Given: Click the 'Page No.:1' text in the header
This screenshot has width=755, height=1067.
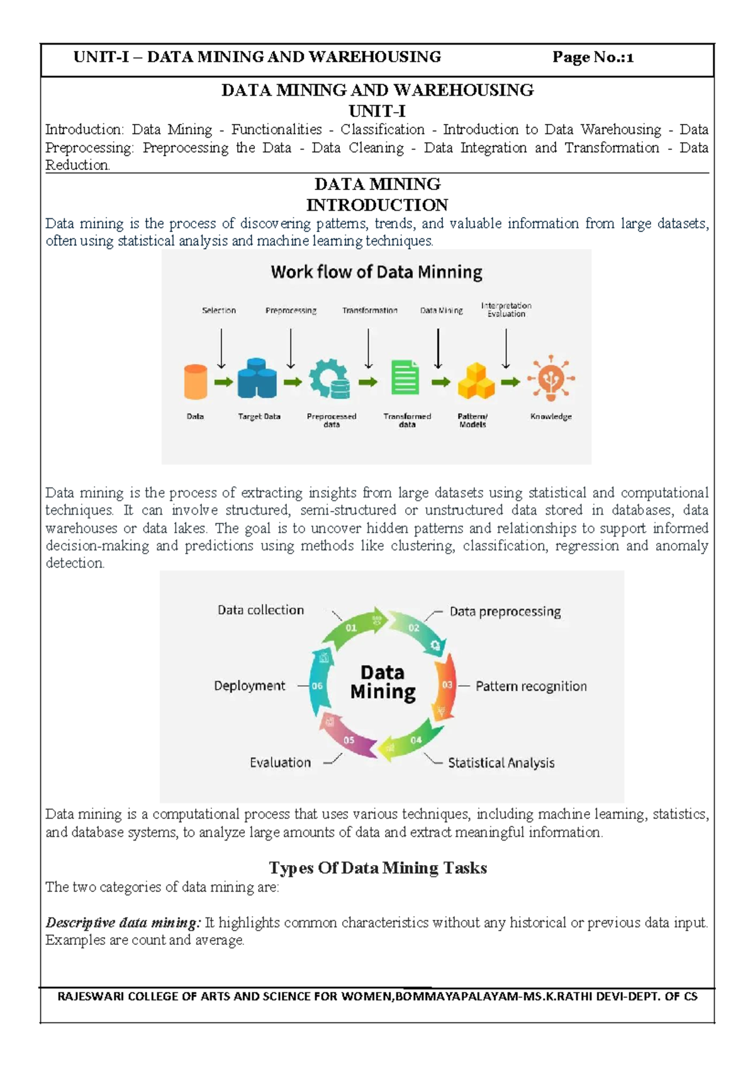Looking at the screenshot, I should [x=592, y=57].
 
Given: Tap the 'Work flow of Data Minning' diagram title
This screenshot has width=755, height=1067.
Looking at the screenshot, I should [x=376, y=272].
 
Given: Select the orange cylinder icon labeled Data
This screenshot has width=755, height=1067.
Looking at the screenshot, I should [x=195, y=381].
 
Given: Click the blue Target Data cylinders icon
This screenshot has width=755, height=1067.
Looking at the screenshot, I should [x=257, y=378].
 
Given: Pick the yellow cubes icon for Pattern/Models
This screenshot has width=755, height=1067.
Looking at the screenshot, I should [x=476, y=381].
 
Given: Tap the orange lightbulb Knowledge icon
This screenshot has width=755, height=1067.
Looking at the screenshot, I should [x=551, y=378].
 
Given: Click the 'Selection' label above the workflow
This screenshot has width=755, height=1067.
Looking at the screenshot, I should [x=218, y=310].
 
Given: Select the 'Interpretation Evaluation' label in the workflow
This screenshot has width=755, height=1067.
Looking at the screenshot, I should [x=506, y=310].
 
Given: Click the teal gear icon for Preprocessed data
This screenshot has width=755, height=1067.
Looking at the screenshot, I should [x=330, y=379].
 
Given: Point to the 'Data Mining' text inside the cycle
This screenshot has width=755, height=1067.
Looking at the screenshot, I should [x=383, y=682].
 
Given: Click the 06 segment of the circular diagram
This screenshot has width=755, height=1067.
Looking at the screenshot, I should [x=318, y=686].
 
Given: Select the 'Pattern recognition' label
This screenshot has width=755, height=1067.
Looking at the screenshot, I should [x=530, y=686].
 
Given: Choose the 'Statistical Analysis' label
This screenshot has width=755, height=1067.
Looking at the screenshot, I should [x=501, y=763].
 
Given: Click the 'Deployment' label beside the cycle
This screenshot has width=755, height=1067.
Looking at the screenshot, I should [x=249, y=686].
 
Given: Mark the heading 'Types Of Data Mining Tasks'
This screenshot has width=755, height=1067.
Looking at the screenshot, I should [x=377, y=868].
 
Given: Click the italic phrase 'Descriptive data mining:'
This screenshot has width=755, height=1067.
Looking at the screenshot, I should [x=123, y=923].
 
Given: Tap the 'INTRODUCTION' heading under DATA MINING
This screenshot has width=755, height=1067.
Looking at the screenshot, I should [x=377, y=205].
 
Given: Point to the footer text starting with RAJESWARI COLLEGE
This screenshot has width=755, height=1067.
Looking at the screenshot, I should [x=377, y=997].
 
